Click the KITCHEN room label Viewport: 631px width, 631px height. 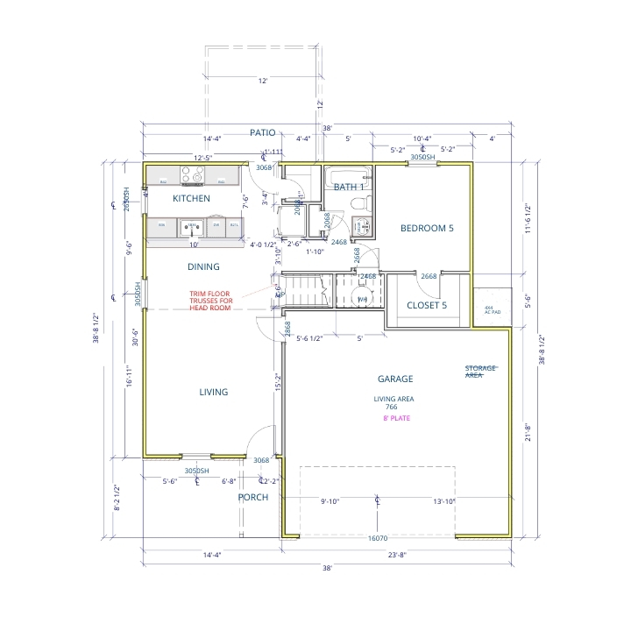[x=191, y=199]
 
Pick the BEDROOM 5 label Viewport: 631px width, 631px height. [x=427, y=228]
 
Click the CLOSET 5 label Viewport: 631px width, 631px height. [x=427, y=305]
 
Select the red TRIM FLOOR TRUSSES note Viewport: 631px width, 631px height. [x=210, y=301]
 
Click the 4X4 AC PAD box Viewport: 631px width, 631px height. [x=492, y=309]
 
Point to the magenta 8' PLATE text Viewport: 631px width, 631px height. [x=396, y=418]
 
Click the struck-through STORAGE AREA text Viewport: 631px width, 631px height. [x=481, y=371]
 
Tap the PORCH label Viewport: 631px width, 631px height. [x=253, y=497]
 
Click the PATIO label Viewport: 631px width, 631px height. [x=262, y=132]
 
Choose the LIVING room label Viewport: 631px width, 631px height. [x=213, y=392]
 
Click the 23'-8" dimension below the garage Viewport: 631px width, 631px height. [x=398, y=554]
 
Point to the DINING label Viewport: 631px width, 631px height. [x=203, y=266]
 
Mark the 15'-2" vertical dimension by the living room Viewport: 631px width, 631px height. [x=278, y=382]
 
